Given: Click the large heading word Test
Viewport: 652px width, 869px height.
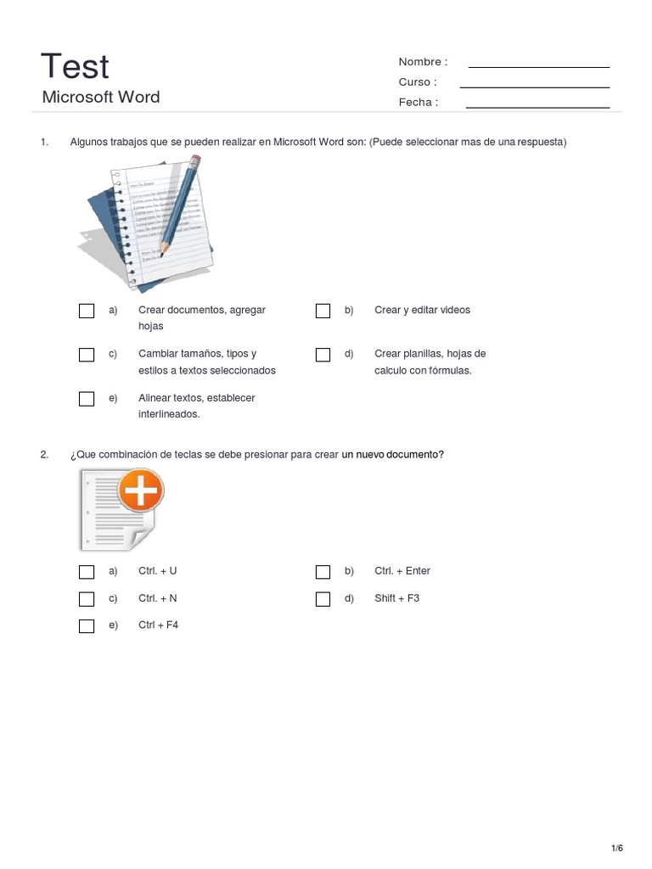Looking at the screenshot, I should pos(76,66).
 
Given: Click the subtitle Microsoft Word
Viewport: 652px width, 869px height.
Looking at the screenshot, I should pos(100,97).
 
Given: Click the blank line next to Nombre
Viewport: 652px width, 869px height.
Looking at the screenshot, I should pos(538,66).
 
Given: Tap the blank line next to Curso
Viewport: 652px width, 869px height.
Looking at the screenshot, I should pos(534,87).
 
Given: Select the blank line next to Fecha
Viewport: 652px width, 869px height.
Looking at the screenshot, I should pos(537,107).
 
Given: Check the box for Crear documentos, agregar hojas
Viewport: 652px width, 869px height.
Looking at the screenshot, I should pos(87,311).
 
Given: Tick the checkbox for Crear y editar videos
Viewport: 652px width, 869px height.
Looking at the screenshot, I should pos(323,311).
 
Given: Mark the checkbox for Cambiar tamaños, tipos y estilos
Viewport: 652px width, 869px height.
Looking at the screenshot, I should pos(87,355).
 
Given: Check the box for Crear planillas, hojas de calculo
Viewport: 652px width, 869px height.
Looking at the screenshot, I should pos(323,355).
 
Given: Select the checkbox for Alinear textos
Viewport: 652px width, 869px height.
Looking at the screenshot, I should pos(87,399).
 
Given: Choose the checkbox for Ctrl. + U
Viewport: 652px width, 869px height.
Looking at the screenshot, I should pos(87,572).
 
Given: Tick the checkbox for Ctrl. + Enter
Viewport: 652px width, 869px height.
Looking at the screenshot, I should pos(323,572).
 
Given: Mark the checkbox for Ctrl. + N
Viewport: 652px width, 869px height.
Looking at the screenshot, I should pos(87,599).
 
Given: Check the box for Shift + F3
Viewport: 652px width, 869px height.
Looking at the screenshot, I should pos(323,599).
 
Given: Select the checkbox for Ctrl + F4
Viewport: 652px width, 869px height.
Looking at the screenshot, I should pos(87,626).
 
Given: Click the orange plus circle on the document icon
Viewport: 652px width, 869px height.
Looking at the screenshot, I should pos(139,491).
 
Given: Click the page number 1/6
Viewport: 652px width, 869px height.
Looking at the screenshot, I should pos(617,849).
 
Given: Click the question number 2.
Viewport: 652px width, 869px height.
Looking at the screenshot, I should pos(44,455).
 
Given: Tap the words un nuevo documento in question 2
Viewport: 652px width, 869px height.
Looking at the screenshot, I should pos(392,455).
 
